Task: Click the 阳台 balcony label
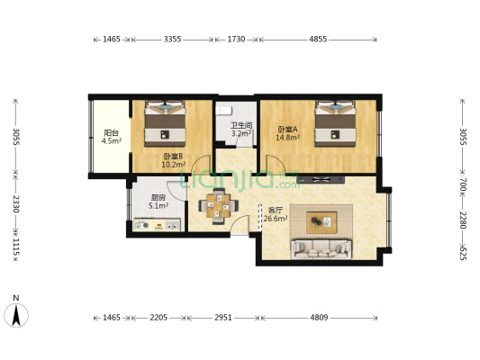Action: click(112, 132)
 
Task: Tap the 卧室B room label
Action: click(173, 156)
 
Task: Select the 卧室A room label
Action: click(288, 130)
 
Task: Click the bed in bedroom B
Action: click(166, 125)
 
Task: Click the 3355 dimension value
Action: click(172, 40)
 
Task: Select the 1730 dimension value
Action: click(236, 40)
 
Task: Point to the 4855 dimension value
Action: click(317, 40)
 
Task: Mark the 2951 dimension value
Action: click(223, 318)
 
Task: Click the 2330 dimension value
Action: click(14, 206)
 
